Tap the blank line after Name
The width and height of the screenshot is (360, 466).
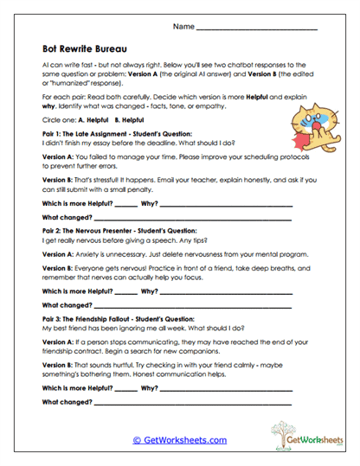click(258, 29)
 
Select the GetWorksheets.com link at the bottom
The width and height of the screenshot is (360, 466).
click(179, 439)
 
